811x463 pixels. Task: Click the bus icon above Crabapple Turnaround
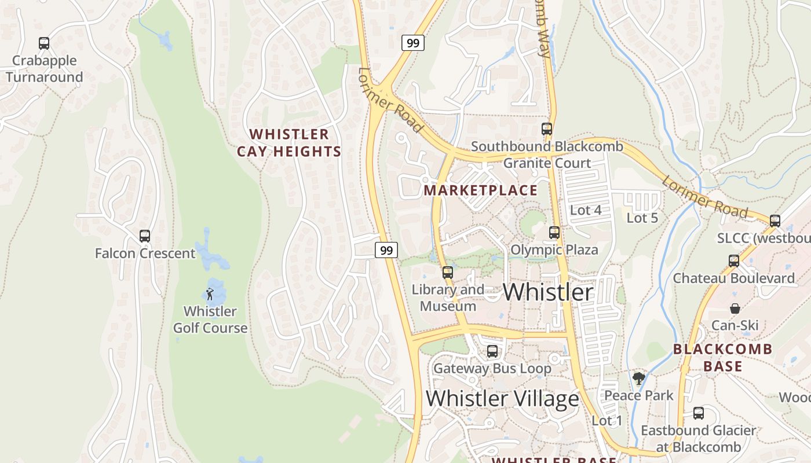(44, 43)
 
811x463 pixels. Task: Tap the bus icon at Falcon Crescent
(145, 236)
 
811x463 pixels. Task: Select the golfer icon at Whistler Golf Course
(210, 294)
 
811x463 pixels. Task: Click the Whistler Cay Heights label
(288, 143)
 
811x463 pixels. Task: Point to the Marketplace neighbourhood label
(481, 190)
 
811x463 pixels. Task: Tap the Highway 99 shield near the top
(413, 43)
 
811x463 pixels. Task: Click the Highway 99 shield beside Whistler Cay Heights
(386, 250)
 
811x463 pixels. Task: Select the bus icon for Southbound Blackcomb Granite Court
(547, 129)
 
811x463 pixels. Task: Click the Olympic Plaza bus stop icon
(554, 233)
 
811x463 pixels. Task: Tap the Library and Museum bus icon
(447, 273)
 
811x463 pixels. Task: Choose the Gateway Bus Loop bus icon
(492, 351)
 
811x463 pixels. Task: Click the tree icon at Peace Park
(638, 379)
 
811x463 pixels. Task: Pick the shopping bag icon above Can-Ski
(735, 308)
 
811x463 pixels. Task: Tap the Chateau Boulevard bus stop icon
(734, 261)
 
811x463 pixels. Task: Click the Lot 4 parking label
(586, 210)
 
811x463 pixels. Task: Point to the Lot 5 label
(642, 218)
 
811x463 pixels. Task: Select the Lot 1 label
(607, 421)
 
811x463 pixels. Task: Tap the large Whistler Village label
(502, 399)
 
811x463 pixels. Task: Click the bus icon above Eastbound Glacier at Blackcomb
(699, 413)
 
